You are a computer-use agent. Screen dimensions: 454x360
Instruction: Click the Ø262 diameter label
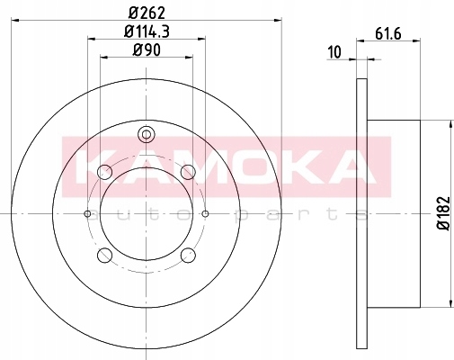click(147, 13)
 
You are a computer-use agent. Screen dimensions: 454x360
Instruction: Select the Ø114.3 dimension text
click(147, 31)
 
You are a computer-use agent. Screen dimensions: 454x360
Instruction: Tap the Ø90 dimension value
click(147, 50)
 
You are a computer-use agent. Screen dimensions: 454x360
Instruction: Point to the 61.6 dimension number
click(388, 33)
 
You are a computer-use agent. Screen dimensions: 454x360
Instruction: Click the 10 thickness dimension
click(334, 52)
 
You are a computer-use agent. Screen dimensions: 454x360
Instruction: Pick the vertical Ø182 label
click(444, 213)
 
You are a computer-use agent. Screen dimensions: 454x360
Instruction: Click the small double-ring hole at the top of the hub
click(147, 134)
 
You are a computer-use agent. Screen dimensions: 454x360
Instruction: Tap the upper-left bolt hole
click(105, 173)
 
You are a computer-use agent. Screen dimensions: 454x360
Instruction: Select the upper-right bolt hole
click(189, 173)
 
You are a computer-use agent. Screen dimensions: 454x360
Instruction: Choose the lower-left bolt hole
click(105, 256)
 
